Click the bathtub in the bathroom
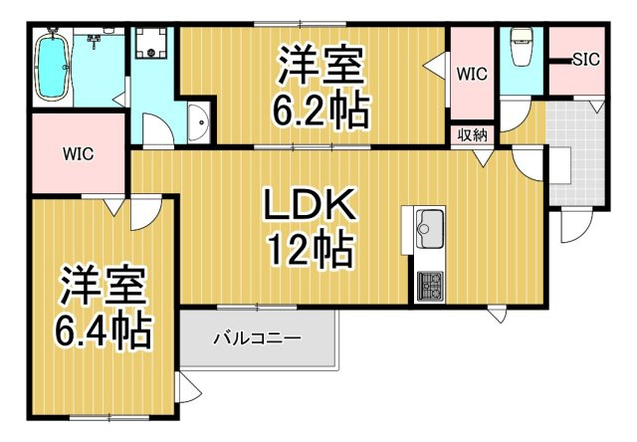54,69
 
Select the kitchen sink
430,229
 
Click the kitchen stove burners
430,286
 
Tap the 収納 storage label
471,135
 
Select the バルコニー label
257,338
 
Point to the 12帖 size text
309,249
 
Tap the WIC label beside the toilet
471,73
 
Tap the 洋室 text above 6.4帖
103,284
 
